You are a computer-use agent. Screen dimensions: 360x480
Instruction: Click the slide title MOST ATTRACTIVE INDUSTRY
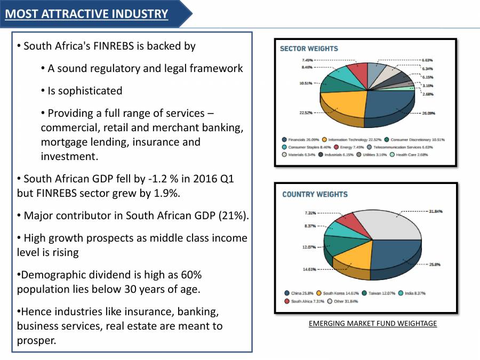(x=86, y=14)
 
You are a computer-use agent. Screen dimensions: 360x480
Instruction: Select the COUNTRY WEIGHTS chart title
(x=315, y=194)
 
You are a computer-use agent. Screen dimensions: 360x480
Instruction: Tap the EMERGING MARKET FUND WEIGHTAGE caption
(x=372, y=323)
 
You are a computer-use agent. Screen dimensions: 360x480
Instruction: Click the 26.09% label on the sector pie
(x=428, y=113)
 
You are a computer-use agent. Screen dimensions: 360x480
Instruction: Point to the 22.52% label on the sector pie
(x=306, y=113)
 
